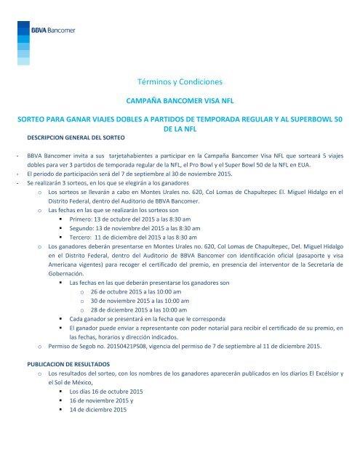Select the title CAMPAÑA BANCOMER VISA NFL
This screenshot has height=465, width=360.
coord(180,103)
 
